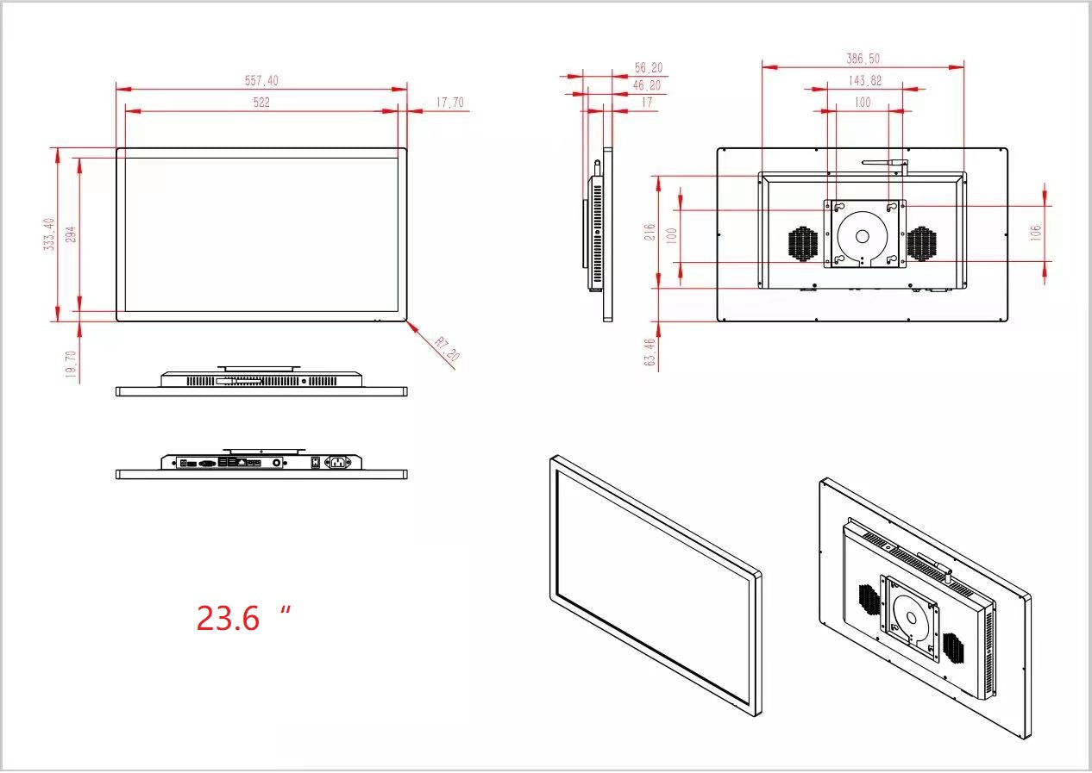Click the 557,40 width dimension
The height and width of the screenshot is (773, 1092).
point(261,80)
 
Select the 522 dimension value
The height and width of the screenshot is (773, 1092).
point(261,102)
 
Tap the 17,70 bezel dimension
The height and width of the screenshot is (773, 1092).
point(449,103)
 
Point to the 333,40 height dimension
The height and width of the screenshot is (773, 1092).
point(50,234)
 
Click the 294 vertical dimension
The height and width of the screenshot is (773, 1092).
point(72,234)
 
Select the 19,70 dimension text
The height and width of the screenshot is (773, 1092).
point(72,364)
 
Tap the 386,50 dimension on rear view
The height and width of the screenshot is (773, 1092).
point(863,59)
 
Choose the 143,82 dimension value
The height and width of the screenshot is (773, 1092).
point(864,80)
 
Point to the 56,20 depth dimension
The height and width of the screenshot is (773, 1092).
point(648,67)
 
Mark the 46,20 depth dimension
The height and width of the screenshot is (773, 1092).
point(647,85)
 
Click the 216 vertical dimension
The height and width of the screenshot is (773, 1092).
point(650,232)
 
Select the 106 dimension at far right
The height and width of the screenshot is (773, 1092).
point(1036,232)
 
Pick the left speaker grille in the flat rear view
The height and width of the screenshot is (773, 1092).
point(803,244)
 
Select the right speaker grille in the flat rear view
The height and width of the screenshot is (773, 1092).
point(921,244)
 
